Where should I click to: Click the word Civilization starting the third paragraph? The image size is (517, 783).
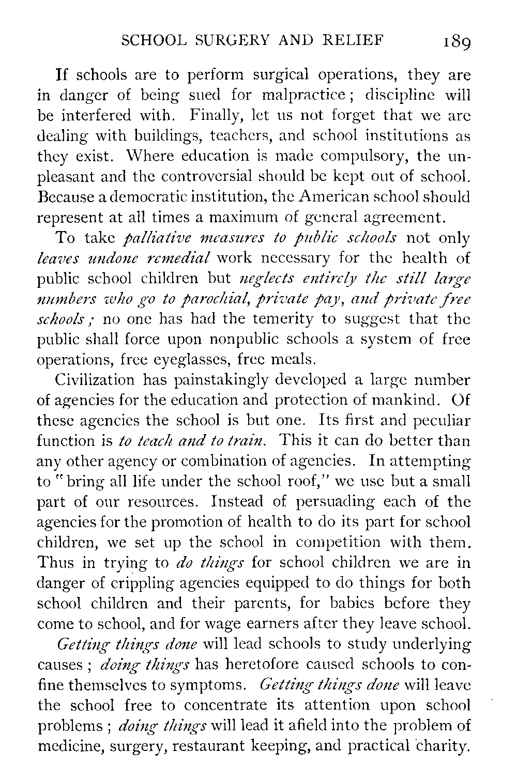95,380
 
